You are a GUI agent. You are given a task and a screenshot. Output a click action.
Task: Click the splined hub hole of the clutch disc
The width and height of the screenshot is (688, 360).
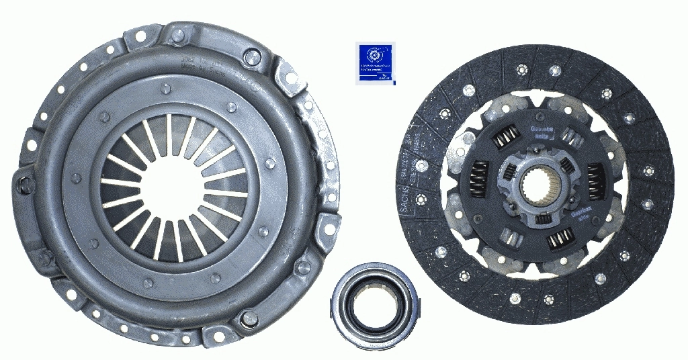pos(540,186)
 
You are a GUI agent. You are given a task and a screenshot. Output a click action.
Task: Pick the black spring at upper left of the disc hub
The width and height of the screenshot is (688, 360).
pos(505,138)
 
